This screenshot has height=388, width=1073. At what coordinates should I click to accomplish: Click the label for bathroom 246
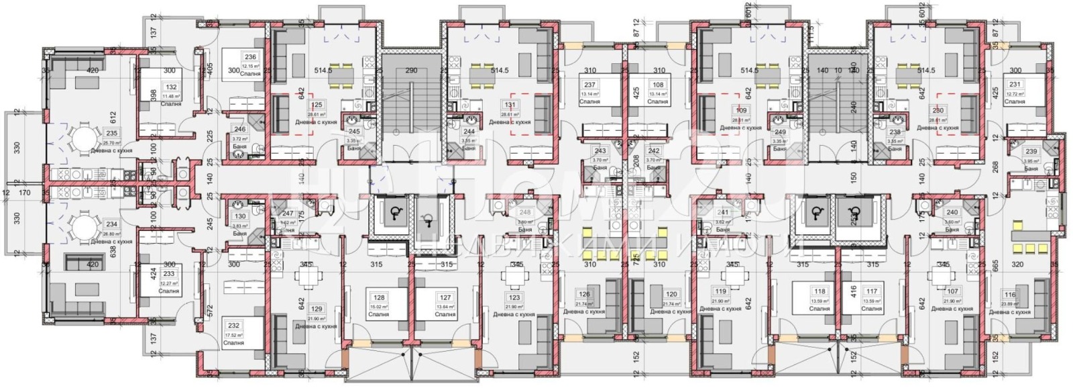[x=239, y=130]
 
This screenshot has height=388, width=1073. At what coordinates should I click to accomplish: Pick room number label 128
[x=380, y=298]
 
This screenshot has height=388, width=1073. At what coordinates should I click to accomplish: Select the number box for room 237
[x=589, y=85]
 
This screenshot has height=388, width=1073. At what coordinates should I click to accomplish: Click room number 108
[x=658, y=85]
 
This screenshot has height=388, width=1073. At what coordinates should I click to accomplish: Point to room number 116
[x=1010, y=295]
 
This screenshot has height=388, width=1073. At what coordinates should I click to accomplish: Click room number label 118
[x=819, y=291]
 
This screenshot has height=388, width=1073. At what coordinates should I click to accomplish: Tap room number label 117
[x=871, y=291]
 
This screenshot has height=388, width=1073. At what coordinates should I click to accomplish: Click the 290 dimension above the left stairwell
[x=411, y=70]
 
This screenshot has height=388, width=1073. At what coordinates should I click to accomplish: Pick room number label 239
[x=1031, y=152]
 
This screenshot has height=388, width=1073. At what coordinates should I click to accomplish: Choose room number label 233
[x=169, y=275]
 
